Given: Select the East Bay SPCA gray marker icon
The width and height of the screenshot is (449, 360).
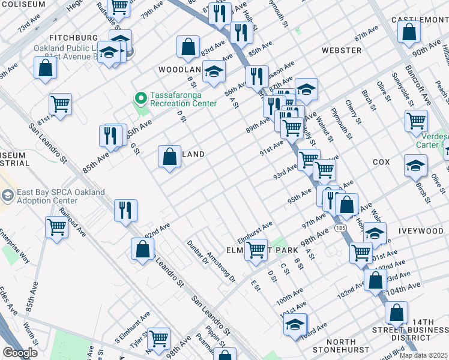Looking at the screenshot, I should [x=7, y=196].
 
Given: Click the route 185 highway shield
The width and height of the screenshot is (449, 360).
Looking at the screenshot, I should [x=340, y=229].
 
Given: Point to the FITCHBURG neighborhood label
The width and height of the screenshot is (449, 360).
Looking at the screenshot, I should [x=73, y=37].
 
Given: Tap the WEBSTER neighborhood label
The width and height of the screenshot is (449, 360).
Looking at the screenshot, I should [x=342, y=50].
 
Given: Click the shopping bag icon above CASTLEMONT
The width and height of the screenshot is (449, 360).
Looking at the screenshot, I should [x=409, y=32].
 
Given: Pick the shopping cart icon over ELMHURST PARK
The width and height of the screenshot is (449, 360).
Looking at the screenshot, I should [x=256, y=249].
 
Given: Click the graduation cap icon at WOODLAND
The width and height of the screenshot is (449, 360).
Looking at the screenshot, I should [x=213, y=73].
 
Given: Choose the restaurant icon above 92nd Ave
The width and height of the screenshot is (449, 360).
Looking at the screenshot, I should [x=125, y=210].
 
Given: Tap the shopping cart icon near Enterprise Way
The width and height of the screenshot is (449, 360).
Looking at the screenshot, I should [x=56, y=227].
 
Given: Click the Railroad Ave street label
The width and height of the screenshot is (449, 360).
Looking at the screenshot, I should [x=71, y=222].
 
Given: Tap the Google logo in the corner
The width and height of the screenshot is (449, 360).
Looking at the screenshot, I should [x=20, y=353].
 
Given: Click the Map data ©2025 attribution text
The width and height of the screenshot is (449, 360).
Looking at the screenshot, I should [x=423, y=355].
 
